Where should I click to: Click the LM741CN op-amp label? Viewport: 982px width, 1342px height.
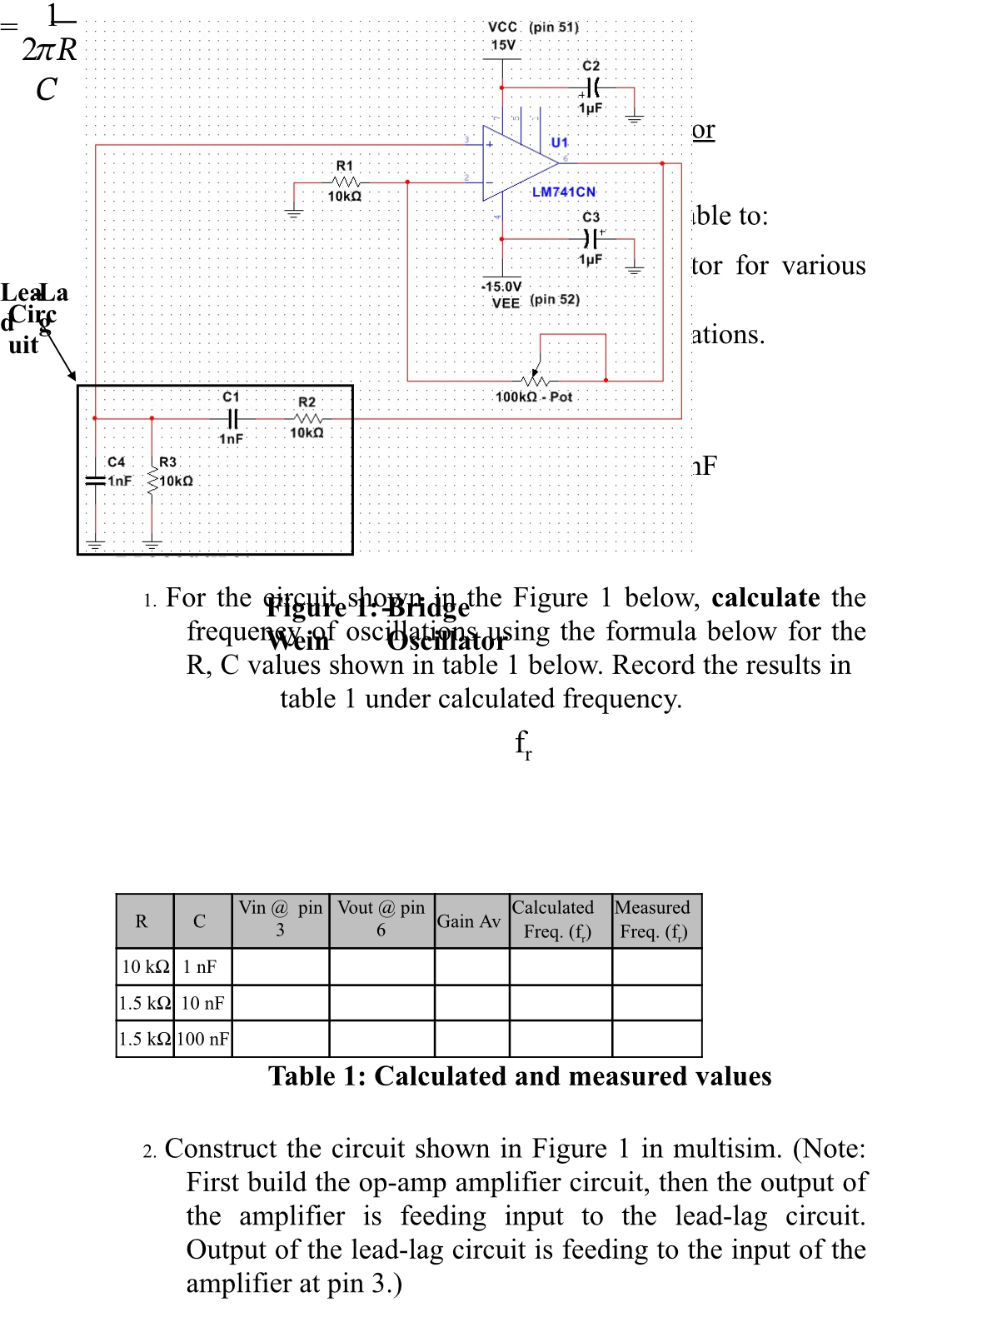[x=563, y=192]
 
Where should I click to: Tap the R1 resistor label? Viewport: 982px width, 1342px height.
[x=344, y=166]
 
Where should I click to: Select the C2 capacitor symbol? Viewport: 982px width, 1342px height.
[x=591, y=87]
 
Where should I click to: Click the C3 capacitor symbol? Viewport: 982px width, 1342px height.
[x=591, y=239]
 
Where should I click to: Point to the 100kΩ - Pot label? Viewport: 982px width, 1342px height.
[x=533, y=397]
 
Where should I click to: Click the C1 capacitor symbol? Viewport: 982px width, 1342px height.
[x=232, y=418]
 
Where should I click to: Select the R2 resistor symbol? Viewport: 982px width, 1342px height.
[x=307, y=418]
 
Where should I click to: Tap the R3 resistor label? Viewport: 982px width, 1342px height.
[x=167, y=461]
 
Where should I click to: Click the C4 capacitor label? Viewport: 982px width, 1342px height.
[x=116, y=461]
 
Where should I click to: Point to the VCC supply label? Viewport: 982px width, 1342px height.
[x=502, y=27]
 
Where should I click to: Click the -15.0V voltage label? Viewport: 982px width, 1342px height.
[x=501, y=287]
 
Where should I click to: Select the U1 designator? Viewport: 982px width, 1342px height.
[x=559, y=142]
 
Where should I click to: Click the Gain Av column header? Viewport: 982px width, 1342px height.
[x=469, y=921]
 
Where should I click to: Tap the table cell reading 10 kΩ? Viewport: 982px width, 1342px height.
[x=145, y=966]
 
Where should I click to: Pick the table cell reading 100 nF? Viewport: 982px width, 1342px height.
[x=202, y=1039]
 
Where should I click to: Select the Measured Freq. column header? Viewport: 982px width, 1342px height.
[x=653, y=920]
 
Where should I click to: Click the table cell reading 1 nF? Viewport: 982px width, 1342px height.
[x=200, y=966]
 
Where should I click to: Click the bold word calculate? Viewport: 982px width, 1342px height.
[x=765, y=597]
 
